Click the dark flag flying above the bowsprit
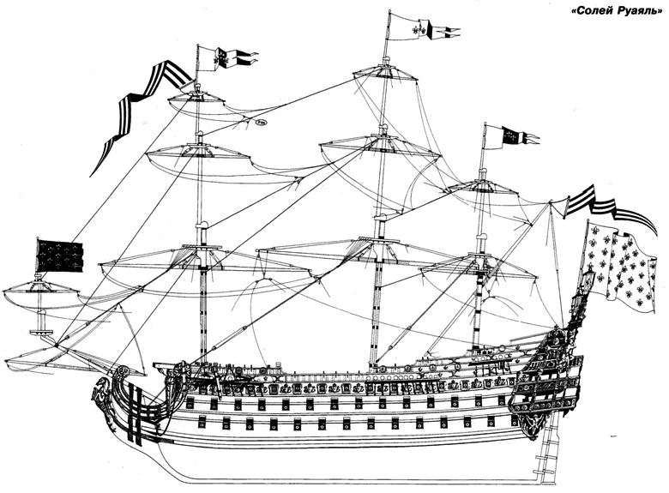(59, 256)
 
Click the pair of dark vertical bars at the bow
(136, 412)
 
